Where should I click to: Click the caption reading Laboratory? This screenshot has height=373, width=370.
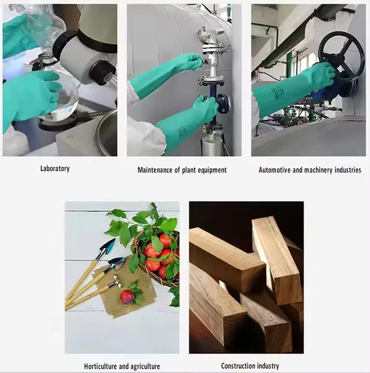54,168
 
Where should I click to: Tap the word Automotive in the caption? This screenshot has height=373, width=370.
277,170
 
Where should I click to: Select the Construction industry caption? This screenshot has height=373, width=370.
250,366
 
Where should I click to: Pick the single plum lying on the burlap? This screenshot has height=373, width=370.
127,297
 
